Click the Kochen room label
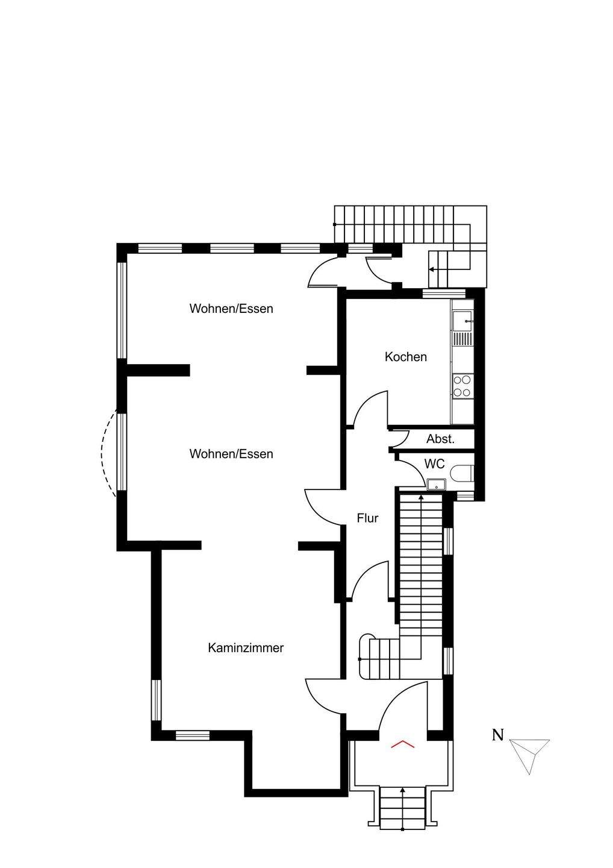(x=406, y=357)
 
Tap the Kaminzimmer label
(x=246, y=648)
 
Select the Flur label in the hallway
(x=367, y=518)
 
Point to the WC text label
(x=435, y=464)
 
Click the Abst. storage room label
(x=440, y=439)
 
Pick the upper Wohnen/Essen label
(x=231, y=309)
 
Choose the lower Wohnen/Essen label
(x=231, y=454)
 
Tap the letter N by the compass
(x=497, y=735)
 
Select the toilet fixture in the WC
(x=462, y=474)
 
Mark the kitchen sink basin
(x=462, y=321)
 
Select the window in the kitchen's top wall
(x=444, y=294)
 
